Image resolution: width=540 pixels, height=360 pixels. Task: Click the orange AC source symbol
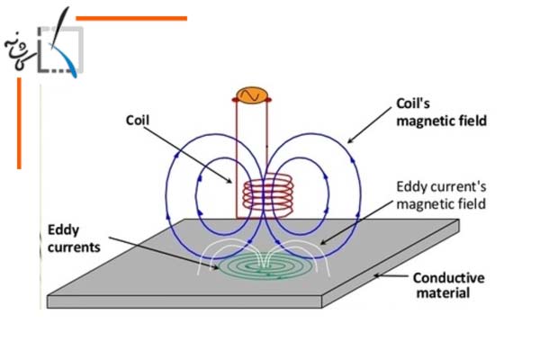click(249, 94)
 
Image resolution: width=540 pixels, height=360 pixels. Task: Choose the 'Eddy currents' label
click(69, 239)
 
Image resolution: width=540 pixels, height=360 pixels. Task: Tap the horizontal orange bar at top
click(131, 17)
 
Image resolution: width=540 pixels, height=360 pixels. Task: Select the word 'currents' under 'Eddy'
click(74, 247)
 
